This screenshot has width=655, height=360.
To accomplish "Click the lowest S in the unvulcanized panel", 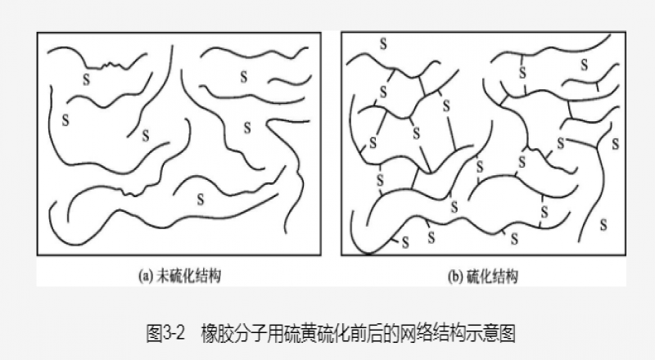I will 201,198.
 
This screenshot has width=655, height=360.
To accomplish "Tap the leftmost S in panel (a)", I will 65,120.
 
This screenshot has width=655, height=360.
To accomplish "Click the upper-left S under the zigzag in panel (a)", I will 86,79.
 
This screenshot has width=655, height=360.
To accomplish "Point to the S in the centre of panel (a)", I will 145,135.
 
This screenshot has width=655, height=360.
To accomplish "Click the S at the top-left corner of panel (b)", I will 382,43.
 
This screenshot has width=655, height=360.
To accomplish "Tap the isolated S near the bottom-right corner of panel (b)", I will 603,223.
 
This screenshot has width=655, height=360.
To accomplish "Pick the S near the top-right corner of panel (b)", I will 583,64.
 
